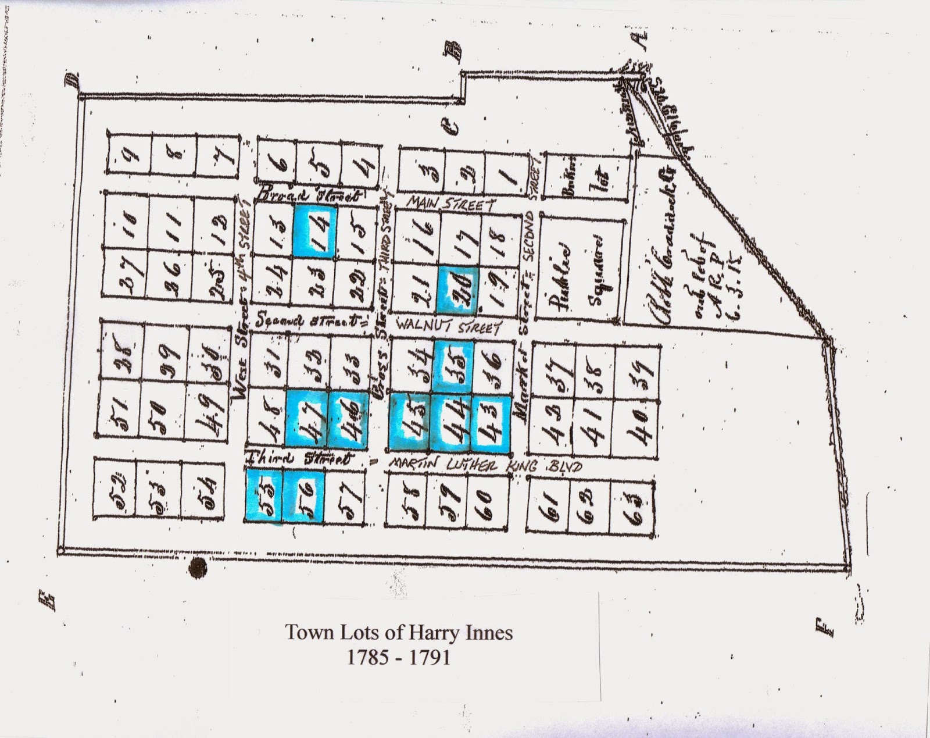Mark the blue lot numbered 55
(x=264, y=495)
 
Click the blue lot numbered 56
(x=303, y=495)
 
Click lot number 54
(x=203, y=488)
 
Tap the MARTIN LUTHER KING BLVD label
(x=485, y=466)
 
